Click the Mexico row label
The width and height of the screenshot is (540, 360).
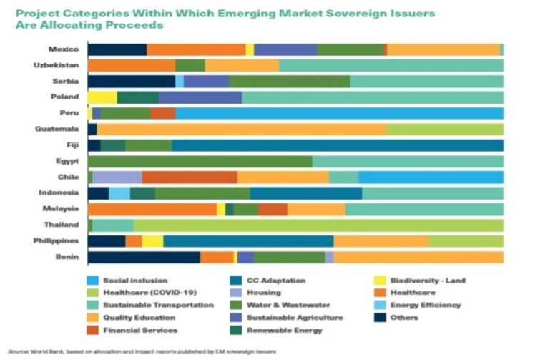pyautogui.click(x=64, y=49)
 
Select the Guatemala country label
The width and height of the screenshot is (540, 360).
pyautogui.click(x=57, y=129)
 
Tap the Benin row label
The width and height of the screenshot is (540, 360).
pyautogui.click(x=68, y=257)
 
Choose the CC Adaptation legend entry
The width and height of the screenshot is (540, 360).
pyautogui.click(x=275, y=281)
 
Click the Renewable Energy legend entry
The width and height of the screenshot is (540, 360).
pyautogui.click(x=284, y=330)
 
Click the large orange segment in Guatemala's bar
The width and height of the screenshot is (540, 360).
pyautogui.click(x=242, y=129)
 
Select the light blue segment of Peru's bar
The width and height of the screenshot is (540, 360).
pyautogui.click(x=339, y=113)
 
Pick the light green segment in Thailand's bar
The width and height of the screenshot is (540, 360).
pyautogui.click(x=318, y=225)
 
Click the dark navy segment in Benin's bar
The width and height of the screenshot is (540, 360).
pyautogui.click(x=144, y=257)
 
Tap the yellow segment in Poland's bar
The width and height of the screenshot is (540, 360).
pyautogui.click(x=102, y=97)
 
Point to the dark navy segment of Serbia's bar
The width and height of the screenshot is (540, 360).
pyautogui.click(x=131, y=82)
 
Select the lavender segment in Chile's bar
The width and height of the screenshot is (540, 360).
pyautogui.click(x=117, y=177)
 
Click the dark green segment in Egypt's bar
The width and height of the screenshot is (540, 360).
pyautogui.click(x=200, y=161)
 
